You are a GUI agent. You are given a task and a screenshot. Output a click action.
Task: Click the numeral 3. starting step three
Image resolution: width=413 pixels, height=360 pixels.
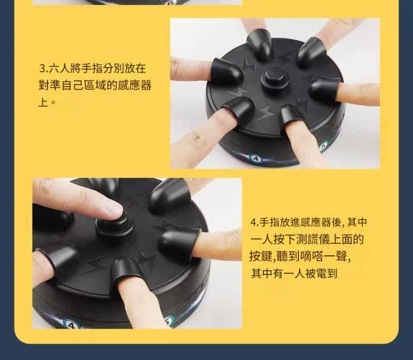(43, 69)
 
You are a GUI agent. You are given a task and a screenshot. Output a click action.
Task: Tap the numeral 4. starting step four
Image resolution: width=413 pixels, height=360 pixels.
(255, 222)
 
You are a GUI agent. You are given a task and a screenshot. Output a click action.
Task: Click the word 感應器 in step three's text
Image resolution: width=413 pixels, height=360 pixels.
(135, 86)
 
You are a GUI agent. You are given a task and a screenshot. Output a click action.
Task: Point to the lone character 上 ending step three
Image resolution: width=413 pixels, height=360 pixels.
(43, 102)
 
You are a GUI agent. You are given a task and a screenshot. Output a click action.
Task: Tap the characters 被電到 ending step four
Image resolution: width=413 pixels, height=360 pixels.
(321, 274)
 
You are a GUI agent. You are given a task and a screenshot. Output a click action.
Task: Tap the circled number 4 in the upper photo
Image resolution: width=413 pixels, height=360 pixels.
(256, 158)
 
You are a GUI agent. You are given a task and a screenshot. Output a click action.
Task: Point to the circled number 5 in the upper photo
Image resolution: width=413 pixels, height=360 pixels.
(324, 146)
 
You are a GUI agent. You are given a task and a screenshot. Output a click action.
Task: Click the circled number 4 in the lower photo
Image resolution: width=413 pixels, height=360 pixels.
(71, 325)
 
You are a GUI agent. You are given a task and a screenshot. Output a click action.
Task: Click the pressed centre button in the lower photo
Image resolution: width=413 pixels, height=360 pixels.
(115, 227)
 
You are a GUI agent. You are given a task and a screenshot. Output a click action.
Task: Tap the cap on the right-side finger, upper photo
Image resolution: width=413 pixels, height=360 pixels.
(325, 89)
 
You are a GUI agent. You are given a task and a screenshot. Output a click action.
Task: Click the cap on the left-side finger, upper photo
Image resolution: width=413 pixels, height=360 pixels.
(227, 71)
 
